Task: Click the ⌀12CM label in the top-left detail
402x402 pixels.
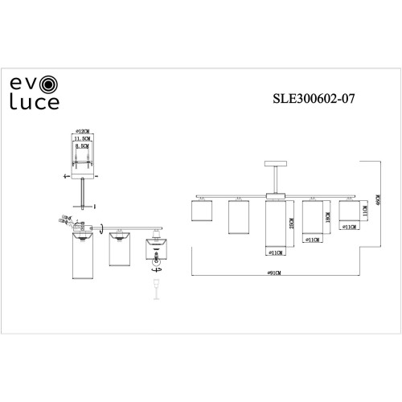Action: coord(80,131)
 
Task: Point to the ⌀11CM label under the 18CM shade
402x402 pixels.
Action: coord(313,239)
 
